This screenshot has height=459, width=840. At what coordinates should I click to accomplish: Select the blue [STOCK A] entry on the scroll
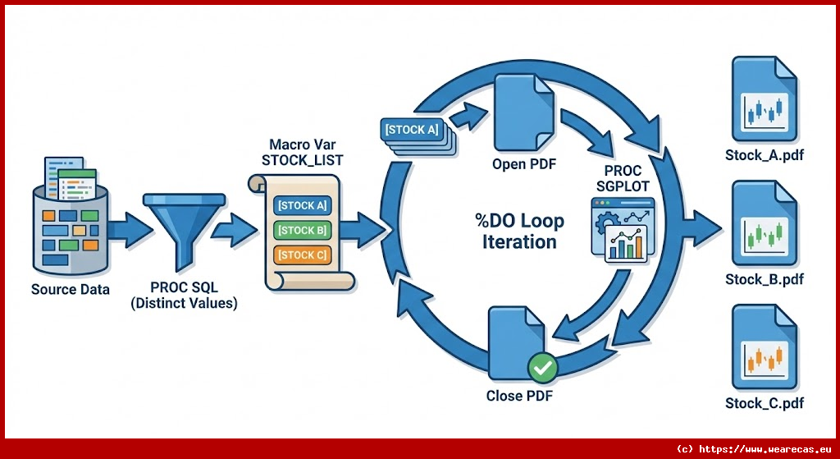(x=302, y=205)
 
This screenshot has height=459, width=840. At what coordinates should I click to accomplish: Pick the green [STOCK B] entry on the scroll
(x=302, y=231)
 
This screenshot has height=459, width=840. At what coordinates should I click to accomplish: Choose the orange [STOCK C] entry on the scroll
(x=302, y=255)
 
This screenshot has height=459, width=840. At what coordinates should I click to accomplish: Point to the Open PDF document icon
(x=523, y=110)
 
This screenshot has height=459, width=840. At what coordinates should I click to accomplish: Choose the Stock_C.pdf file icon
(x=764, y=349)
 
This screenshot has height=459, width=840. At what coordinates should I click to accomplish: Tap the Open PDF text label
(x=523, y=164)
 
